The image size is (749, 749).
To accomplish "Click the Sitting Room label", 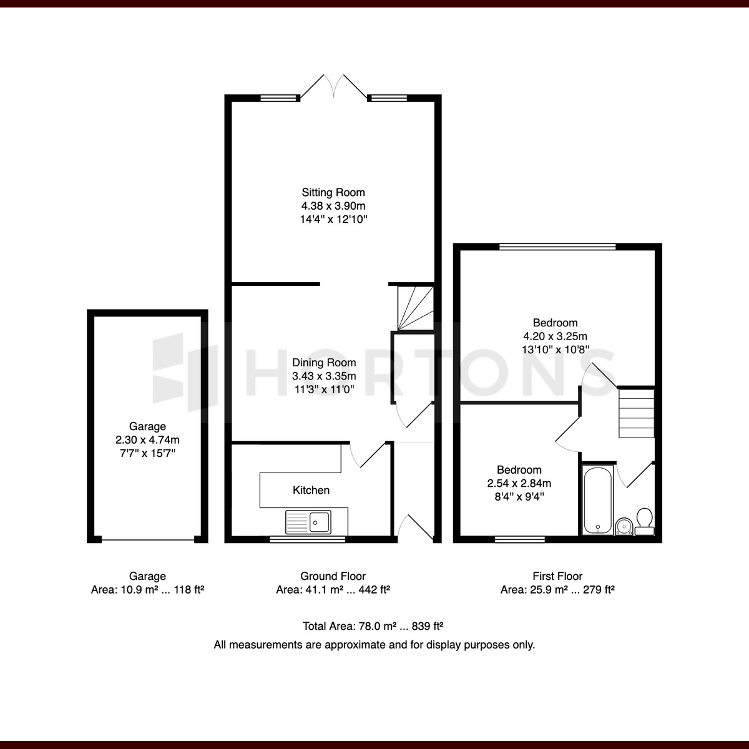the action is (333, 192).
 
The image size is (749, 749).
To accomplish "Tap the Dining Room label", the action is (324, 363).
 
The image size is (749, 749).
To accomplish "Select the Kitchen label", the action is (311, 490).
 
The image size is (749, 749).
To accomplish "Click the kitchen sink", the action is (308, 522).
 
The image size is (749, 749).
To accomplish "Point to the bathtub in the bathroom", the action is (598, 500).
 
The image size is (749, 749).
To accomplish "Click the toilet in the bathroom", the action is (644, 522).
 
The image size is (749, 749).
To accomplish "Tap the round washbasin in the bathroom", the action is (624, 526).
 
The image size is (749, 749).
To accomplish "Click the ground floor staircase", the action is (415, 308).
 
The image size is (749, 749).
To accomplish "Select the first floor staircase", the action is (637, 414).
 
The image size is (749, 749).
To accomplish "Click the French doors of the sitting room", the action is (333, 86).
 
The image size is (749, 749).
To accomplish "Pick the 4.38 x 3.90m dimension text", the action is (333, 205).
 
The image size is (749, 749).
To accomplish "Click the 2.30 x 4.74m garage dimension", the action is (147, 439).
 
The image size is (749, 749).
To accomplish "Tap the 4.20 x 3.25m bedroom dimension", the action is (555, 336).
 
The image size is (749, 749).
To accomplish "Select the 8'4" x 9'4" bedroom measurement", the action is (519, 496).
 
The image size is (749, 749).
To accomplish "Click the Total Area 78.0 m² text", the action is (373, 626).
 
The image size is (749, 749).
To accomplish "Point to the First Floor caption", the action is (557, 575).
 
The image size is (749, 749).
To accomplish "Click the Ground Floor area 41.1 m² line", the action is (333, 590).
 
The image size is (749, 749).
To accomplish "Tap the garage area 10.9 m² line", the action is (147, 590).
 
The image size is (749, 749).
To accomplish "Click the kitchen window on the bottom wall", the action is (308, 539).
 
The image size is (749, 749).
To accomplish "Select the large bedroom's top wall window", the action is (557, 247).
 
